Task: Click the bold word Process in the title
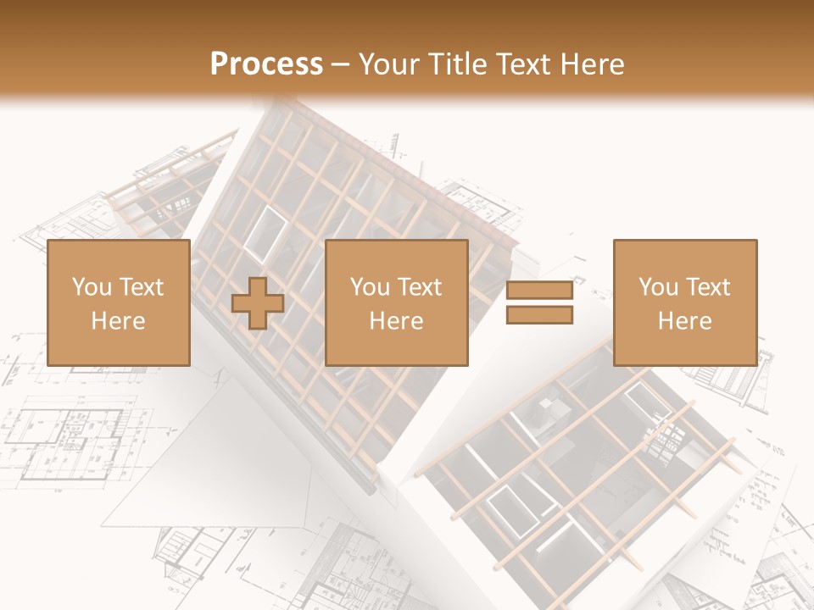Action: tap(266, 64)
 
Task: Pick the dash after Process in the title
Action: tap(341, 65)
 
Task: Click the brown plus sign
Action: tap(258, 302)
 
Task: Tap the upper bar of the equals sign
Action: tap(539, 291)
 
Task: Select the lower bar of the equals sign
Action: tap(539, 315)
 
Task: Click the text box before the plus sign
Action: tap(119, 302)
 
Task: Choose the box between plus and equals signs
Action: tap(397, 302)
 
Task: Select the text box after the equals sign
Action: tap(685, 302)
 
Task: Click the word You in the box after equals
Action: tap(658, 287)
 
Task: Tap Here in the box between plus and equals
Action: tap(397, 321)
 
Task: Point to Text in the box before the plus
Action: tap(142, 287)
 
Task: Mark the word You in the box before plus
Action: tap(92, 287)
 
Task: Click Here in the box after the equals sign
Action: tap(685, 321)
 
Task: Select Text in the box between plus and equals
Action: tap(420, 287)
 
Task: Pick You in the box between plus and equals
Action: tap(370, 287)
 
